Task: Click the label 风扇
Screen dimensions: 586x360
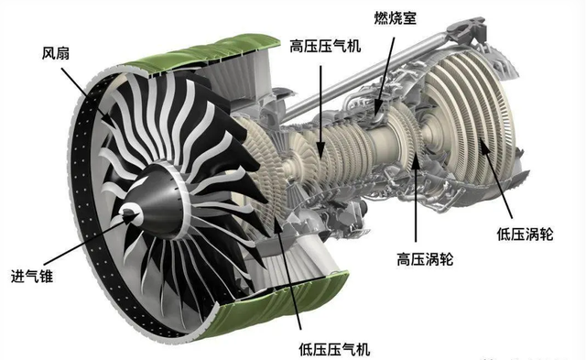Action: (x=55, y=53)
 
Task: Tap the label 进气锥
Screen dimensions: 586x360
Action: (x=32, y=277)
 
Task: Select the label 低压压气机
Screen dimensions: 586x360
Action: (x=334, y=350)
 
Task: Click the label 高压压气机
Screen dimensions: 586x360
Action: (x=325, y=47)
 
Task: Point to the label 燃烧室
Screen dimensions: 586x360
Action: (x=395, y=17)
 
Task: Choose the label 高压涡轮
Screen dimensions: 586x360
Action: (x=425, y=258)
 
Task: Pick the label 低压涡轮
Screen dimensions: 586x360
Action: (x=525, y=234)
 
